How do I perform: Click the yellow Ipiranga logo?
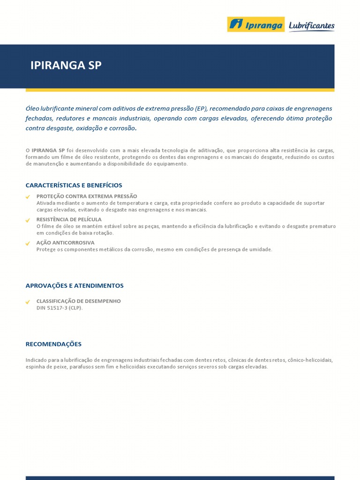255,24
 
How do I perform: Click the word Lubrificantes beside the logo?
311,25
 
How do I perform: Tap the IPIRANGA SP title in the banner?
66,66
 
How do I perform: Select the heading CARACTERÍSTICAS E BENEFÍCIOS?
74,185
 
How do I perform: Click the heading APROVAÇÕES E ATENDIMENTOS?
75,285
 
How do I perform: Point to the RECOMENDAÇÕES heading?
53,344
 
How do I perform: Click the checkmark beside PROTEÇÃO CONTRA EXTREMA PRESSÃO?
28,197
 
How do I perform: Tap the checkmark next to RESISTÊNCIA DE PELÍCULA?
28,220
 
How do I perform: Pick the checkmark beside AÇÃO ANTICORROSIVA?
28,244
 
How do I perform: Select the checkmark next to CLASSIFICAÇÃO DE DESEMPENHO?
28,302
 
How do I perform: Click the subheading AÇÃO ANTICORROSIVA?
65,243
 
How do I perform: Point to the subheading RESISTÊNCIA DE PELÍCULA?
69,219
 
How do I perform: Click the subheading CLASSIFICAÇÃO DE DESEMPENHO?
78,301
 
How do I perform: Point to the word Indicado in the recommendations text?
36,360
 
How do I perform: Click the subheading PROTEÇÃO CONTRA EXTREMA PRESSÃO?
87,196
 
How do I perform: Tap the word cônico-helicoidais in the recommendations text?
311,360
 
